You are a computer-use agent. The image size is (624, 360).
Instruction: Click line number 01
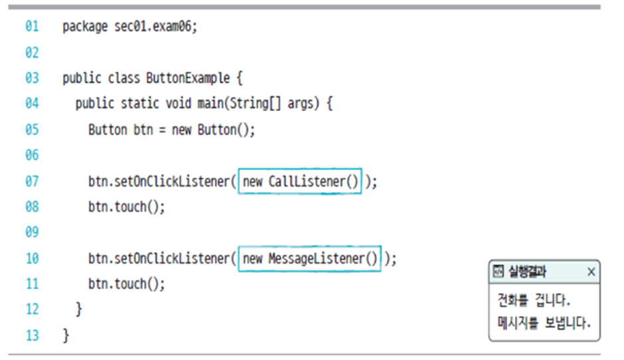[x=32, y=27]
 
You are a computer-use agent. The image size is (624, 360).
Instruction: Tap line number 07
[x=32, y=181]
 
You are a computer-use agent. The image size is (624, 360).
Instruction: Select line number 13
[x=32, y=335]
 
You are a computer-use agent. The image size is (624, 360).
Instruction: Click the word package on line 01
[x=85, y=27]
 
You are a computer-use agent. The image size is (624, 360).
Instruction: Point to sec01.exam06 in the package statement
[x=155, y=27]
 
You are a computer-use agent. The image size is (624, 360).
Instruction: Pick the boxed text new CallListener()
[x=300, y=181]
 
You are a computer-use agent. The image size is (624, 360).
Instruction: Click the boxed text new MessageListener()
[x=309, y=258]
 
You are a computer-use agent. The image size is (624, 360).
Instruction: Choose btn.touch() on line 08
[x=126, y=207]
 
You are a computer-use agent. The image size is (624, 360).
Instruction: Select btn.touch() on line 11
[x=126, y=284]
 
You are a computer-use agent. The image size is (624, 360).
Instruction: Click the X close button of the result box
[x=591, y=272]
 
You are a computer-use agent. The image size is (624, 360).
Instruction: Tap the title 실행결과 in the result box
[x=528, y=272]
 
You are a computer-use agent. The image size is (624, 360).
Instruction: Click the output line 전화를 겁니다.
[x=534, y=300]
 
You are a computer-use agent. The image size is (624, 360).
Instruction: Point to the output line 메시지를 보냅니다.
[x=544, y=323]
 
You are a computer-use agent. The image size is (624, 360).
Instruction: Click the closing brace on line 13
[x=66, y=335]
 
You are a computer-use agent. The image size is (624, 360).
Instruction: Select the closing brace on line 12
[x=79, y=310]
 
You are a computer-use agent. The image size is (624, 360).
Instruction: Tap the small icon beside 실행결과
[x=499, y=272]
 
